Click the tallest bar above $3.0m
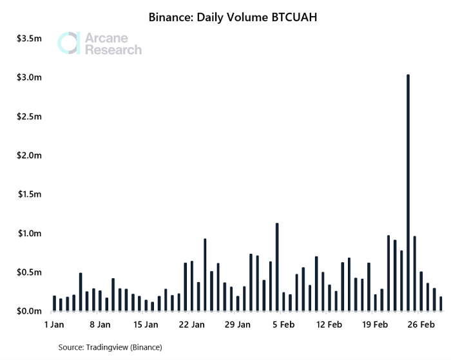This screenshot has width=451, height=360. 408,193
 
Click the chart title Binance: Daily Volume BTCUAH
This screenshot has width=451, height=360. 225,18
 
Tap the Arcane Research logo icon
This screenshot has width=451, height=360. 69,43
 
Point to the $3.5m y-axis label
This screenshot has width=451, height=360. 30,39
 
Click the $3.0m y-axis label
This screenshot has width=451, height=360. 30,77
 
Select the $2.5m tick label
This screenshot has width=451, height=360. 30,117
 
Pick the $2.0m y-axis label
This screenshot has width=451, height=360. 30,156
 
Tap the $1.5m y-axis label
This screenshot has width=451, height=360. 30,194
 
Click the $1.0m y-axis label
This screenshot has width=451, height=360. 30,233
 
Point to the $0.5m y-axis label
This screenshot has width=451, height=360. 30,272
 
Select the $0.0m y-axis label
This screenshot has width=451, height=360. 30,311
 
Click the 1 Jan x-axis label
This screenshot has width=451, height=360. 54,325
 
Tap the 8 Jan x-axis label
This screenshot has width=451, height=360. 100,325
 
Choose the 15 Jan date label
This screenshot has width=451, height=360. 146,325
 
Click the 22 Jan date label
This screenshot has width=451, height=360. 192,325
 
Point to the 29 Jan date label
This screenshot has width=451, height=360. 238,325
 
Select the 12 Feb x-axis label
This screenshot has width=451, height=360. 329,325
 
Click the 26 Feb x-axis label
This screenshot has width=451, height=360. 421,325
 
